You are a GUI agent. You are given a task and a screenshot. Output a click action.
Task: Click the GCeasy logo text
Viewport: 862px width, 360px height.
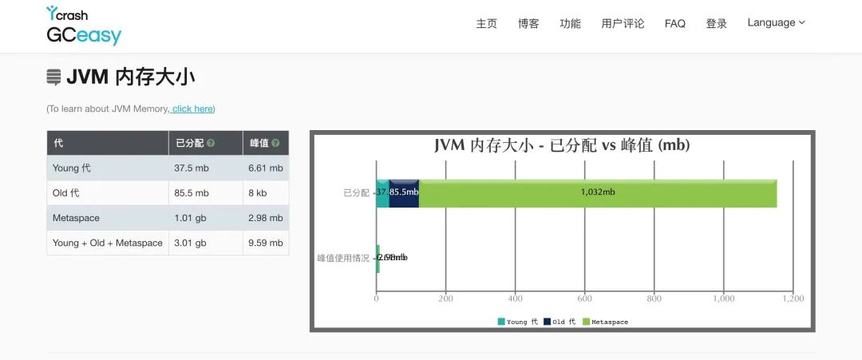84,35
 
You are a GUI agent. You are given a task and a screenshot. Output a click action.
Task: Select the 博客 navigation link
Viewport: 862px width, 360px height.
528,24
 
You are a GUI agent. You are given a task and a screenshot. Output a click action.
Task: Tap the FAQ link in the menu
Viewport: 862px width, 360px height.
674,24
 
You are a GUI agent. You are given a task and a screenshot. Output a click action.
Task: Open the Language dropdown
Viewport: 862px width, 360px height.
776,23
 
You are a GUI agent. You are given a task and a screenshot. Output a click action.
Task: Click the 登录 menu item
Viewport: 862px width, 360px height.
717,24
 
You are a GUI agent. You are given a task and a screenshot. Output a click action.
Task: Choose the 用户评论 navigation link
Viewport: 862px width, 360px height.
623,24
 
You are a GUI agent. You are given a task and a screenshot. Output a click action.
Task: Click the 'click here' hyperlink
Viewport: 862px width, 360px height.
192,109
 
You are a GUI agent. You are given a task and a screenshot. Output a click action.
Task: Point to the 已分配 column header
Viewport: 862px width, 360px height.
190,144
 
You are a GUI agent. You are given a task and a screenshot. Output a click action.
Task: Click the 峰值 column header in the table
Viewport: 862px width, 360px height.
259,144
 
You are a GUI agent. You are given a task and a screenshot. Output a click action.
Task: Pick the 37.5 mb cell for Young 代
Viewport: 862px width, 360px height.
192,168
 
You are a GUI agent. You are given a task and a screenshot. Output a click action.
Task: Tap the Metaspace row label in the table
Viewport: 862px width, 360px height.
77,218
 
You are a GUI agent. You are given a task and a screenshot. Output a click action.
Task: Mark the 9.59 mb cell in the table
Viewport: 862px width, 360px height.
266,243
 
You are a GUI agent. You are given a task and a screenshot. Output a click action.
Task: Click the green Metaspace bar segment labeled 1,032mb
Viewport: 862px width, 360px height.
597,192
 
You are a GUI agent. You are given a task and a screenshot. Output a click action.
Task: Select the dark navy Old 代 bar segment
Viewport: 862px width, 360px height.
404,192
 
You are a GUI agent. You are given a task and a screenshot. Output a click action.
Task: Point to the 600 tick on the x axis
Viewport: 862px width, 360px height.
585,299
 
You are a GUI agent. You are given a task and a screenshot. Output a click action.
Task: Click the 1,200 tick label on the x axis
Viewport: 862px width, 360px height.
793,299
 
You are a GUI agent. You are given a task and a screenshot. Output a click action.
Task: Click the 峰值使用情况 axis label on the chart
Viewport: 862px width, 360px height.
343,258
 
